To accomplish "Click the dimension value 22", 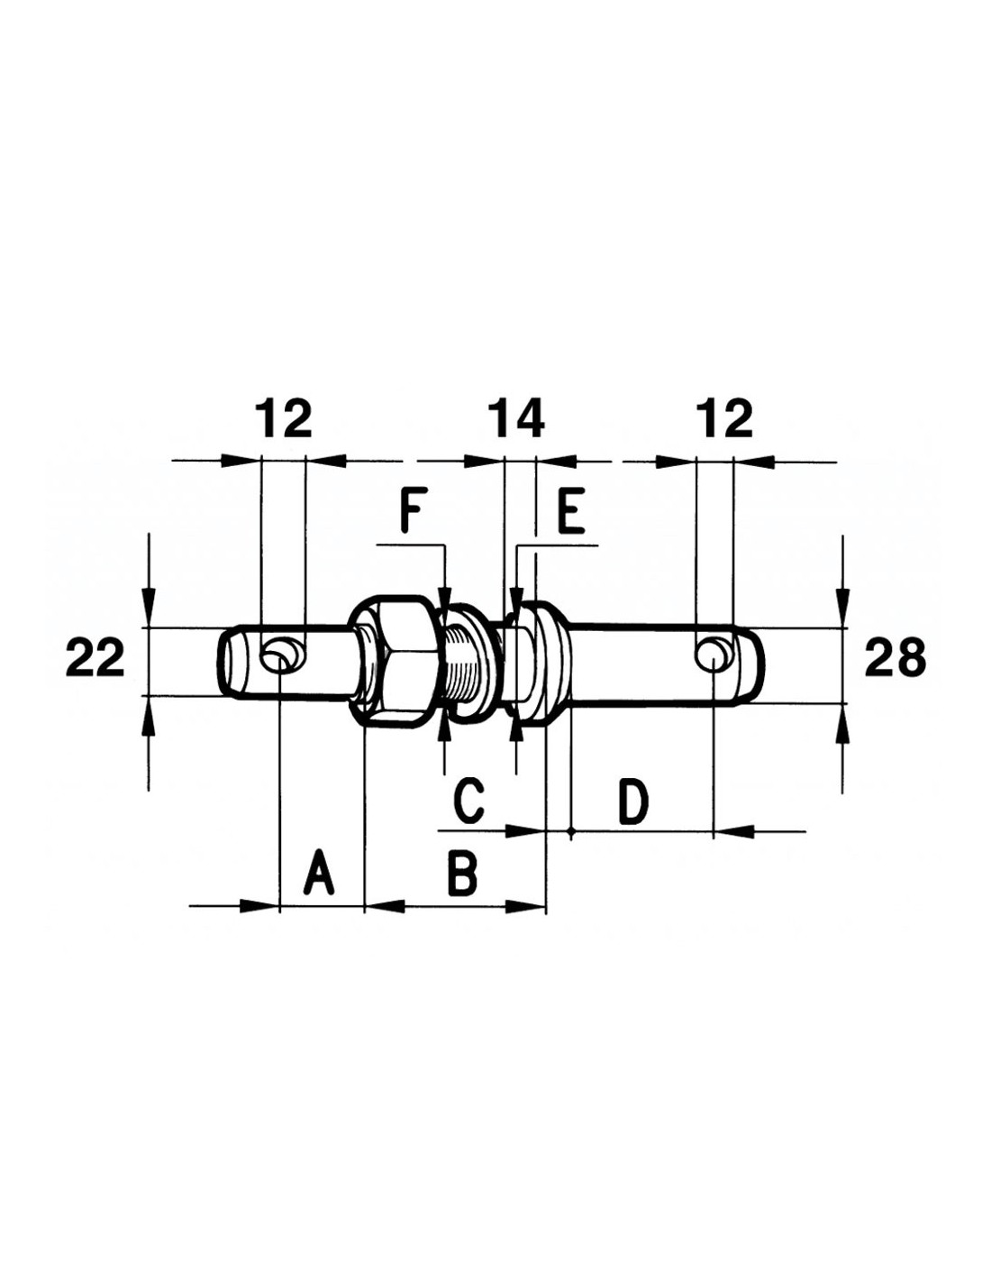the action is coord(95,660).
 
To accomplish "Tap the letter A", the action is coord(320,873).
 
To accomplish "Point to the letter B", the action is coord(461,873).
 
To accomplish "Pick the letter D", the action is coord(633,801).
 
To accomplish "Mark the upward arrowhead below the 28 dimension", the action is coord(843,725).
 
